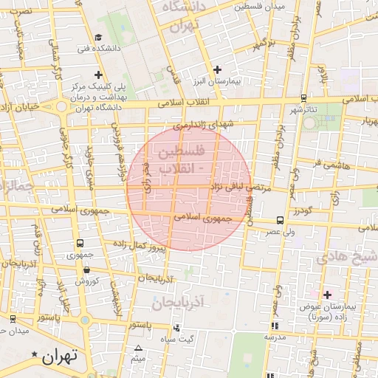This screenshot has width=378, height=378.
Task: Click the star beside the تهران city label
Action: pyautogui.click(x=35, y=355)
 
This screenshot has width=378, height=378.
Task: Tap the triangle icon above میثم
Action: pyautogui.click(x=138, y=348)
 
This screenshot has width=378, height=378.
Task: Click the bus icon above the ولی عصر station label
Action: pyautogui.click(x=279, y=220)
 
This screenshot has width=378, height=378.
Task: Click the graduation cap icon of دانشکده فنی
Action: pyautogui.click(x=98, y=37)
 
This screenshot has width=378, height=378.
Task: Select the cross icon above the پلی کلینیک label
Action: pyautogui.click(x=98, y=75)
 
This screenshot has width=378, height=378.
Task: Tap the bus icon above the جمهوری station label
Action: pyautogui.click(x=80, y=243)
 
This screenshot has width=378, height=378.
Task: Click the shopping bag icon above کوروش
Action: pyautogui.click(x=80, y=269)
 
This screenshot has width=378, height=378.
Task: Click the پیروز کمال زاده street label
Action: pyautogui.click(x=142, y=244)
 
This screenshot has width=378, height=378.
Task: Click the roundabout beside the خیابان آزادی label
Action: pyautogui.click(x=61, y=107)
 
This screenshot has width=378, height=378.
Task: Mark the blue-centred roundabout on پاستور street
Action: pyautogui.click(x=85, y=320)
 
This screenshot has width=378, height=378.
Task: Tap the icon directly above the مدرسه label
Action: pyautogui.click(x=275, y=325)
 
